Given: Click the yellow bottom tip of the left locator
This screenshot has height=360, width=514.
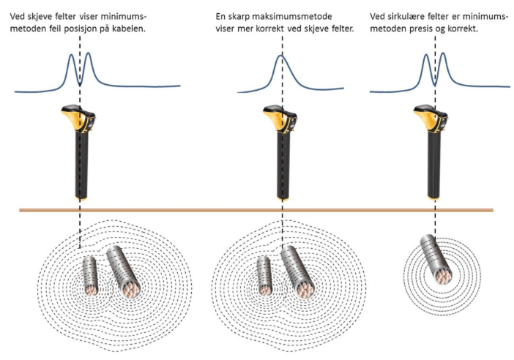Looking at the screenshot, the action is pos(81,198).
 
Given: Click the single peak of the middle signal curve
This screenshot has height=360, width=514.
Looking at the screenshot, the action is pos(280,56).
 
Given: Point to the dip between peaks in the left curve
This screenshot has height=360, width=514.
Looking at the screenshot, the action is pos(80,84).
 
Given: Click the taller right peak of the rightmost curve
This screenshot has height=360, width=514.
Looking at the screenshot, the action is pos(443,53).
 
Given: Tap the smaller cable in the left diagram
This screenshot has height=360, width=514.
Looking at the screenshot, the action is pos(91,276).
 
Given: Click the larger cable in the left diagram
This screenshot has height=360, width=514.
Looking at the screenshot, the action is pos(124,272).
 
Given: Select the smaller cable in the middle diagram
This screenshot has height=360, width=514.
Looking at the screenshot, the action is pos(264,276).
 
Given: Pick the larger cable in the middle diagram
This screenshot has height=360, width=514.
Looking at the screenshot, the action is pos(298,272).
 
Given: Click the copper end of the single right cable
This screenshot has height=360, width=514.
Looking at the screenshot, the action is pos(443,275).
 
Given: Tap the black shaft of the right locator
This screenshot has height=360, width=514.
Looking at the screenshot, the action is pos(433,164).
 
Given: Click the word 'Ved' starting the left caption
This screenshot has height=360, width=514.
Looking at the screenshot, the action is pos(16,16).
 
